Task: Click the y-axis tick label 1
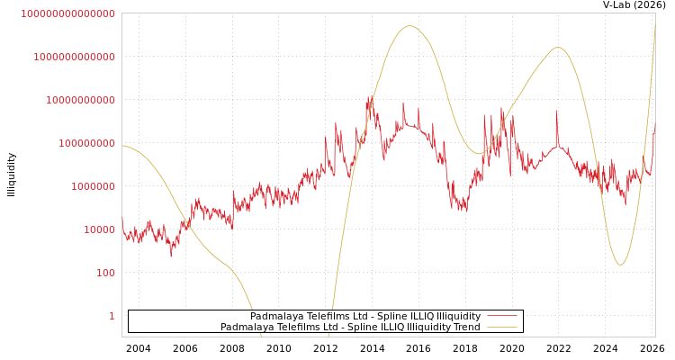click(112, 316)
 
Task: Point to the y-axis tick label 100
click(105, 273)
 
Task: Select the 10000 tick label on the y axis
click(99, 229)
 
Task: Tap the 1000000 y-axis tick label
click(93, 186)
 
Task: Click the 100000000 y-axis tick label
click(86, 143)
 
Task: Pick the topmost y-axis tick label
click(67, 13)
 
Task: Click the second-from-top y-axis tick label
click(74, 57)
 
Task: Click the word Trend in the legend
click(464, 328)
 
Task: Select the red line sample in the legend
click(501, 317)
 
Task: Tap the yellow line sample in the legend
click(501, 328)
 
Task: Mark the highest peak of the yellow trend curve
click(409, 26)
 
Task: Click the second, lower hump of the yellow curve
click(558, 48)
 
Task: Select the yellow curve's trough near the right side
click(620, 265)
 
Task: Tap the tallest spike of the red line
click(370, 96)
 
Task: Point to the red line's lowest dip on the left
click(171, 256)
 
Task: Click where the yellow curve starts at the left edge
click(123, 146)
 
